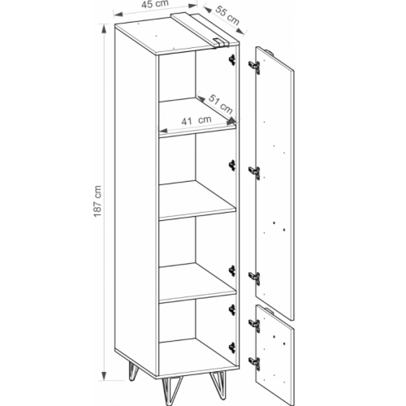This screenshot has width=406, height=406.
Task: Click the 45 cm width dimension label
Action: [x=155, y=4]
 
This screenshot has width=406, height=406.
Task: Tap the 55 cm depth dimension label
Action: [x=227, y=15]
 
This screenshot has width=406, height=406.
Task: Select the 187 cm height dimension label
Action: [x=97, y=201]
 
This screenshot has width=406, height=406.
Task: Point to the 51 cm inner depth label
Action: [x=221, y=105]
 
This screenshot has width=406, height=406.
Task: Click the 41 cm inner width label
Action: [x=197, y=120]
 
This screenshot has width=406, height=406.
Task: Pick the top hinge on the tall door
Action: [x=255, y=67]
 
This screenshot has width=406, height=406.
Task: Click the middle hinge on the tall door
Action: [x=255, y=172]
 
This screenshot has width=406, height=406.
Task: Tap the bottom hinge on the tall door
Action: [x=255, y=278]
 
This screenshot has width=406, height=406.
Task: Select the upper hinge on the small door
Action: [x=255, y=325]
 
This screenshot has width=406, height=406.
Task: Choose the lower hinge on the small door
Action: [x=255, y=363]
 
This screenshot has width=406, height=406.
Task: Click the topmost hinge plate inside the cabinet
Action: [x=232, y=60]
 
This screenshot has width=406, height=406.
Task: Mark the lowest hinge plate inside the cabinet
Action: [x=232, y=348]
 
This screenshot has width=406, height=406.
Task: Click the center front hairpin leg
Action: [x=169, y=391]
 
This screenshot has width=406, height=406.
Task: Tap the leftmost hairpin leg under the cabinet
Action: [x=133, y=370]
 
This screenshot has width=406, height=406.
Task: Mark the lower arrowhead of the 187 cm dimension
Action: [x=104, y=375]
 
